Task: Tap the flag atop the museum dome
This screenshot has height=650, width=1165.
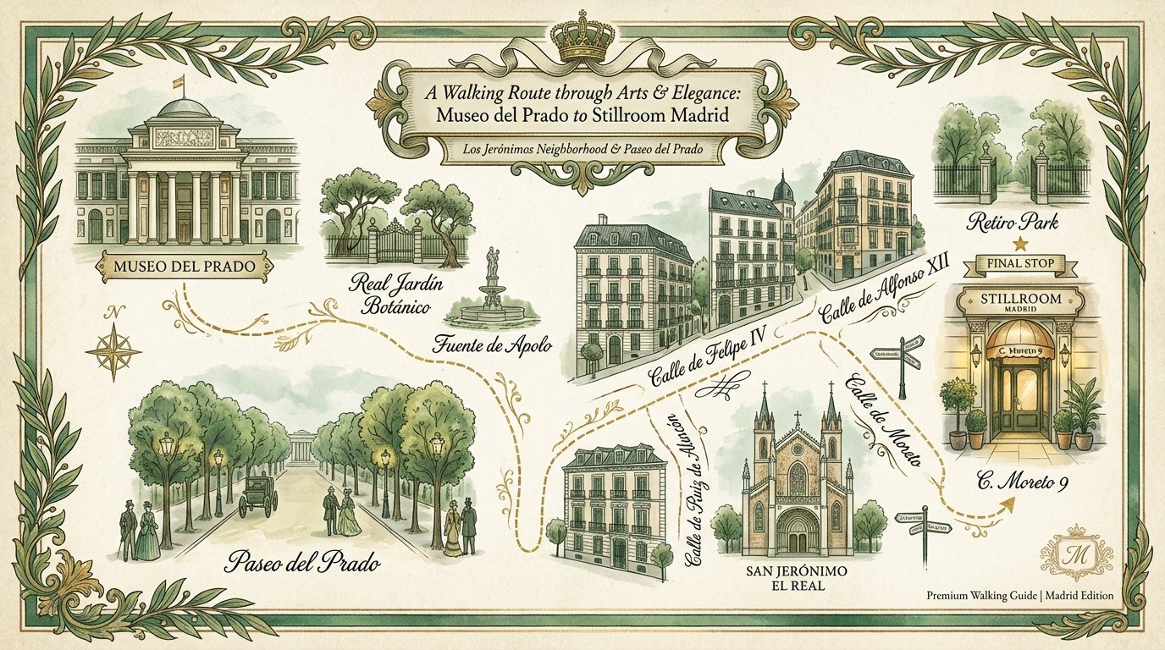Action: tap(178, 82)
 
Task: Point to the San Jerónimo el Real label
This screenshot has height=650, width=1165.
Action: tap(796, 581)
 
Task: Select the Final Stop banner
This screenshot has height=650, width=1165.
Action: tap(1020, 264)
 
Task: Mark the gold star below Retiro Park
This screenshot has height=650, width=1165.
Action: tap(1020, 244)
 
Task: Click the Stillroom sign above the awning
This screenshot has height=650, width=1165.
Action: tap(1020, 303)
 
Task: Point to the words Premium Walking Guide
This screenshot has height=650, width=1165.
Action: tap(982, 596)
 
